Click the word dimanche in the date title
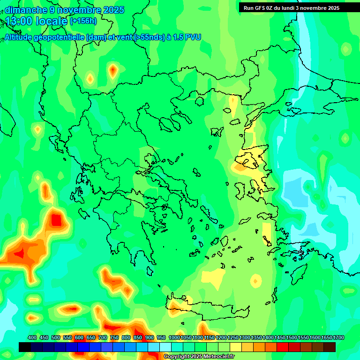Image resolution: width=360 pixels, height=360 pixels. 25,10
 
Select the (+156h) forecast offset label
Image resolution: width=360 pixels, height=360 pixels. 84,21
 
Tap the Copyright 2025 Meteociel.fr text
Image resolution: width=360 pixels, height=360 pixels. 198,357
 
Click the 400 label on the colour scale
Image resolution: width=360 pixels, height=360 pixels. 32,337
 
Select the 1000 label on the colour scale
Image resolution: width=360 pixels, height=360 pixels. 174,337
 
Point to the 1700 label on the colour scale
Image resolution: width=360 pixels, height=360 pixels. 339,337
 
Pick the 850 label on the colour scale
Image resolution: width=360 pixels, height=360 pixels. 138,337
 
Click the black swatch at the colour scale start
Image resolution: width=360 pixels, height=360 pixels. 25,347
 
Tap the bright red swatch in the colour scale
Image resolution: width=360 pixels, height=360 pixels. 283,347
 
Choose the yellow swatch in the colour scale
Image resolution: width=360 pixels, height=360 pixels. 236,347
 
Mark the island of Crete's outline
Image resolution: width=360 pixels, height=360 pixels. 206,307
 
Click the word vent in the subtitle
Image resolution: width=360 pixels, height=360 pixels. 123,37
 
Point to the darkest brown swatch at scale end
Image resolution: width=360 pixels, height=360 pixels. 330,347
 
